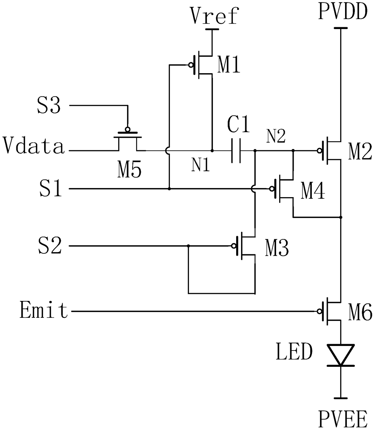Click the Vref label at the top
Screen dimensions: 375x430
point(214,15)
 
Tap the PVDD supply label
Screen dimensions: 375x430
point(343,12)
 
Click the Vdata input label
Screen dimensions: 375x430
point(33,145)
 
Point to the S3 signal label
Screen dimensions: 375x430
point(49,106)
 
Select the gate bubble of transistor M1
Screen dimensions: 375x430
point(191,65)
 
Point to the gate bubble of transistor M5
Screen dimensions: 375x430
point(128,129)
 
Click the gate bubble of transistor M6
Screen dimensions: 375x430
point(320,311)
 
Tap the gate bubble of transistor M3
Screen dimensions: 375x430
point(233,246)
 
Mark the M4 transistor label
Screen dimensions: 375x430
point(313,191)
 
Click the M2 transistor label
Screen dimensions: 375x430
point(360,151)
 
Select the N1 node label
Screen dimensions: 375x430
point(201,165)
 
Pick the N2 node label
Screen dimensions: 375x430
point(276,136)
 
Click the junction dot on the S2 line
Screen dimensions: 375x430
point(188,246)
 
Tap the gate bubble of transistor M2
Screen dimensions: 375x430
point(320,151)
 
